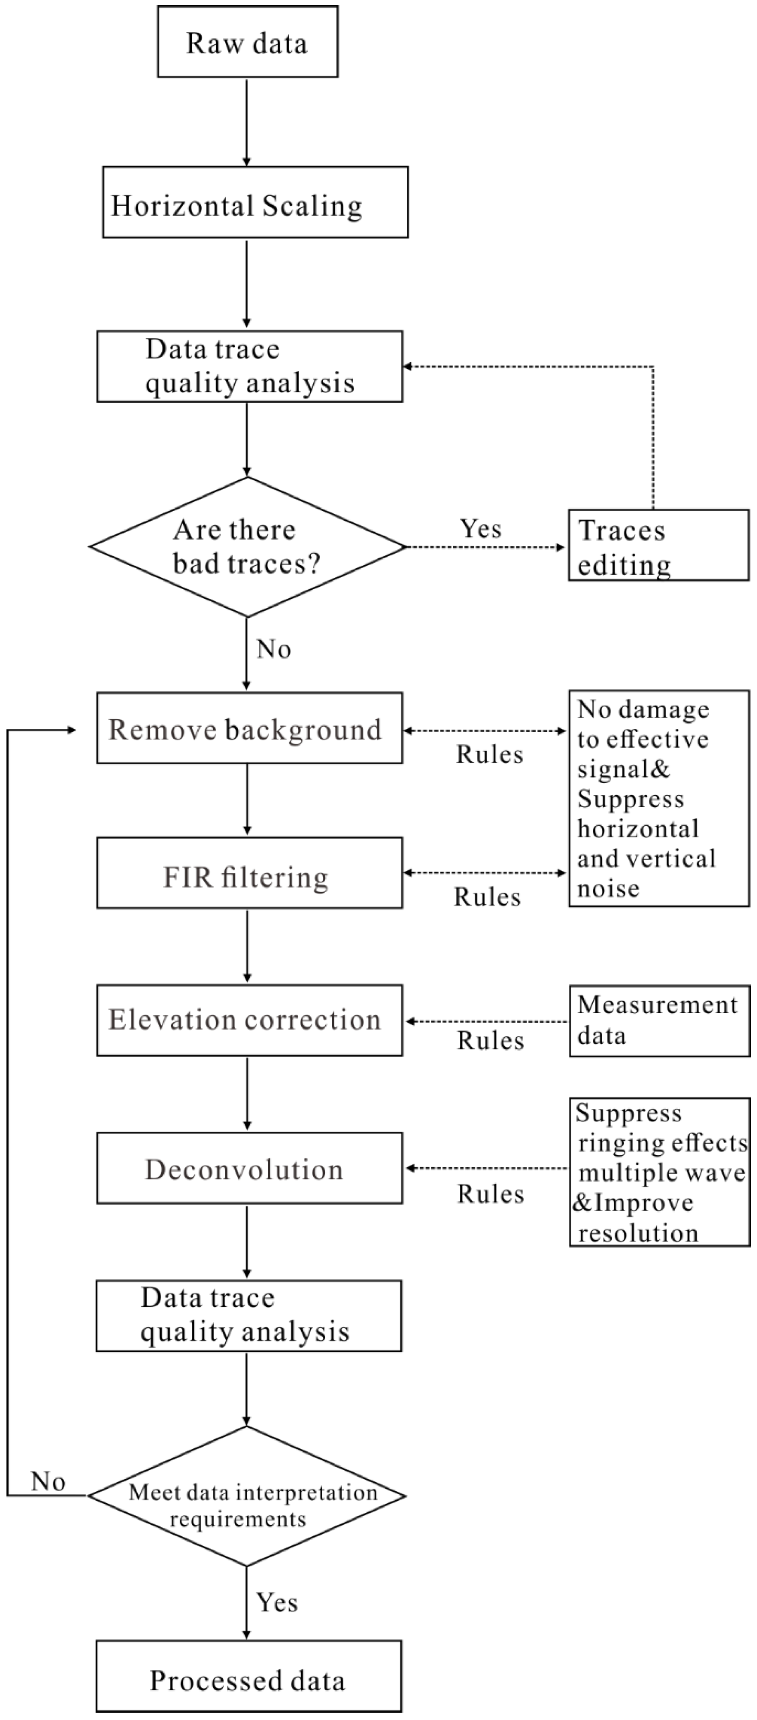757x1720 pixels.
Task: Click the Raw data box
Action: [247, 42]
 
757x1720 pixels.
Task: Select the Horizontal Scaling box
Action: [255, 202]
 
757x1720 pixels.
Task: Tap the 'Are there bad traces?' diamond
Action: [247, 546]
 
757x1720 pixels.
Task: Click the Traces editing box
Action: [658, 545]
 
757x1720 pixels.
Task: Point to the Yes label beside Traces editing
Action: [480, 529]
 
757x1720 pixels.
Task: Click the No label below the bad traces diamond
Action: [273, 649]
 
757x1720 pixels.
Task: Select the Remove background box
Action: [249, 728]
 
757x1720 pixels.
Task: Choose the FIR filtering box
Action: [249, 873]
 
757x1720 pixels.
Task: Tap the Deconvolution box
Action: [249, 1169]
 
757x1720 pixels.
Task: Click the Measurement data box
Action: [660, 1021]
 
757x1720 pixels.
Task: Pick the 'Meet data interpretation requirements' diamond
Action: [247, 1496]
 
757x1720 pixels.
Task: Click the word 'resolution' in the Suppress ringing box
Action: [638, 1232]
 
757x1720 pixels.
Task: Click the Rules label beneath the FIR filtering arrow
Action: [487, 897]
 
